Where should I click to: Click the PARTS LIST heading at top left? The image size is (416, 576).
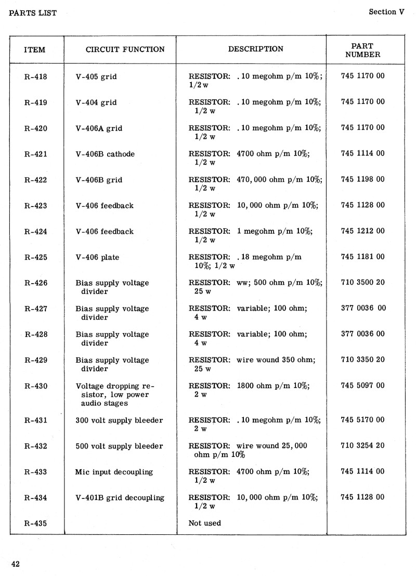33,12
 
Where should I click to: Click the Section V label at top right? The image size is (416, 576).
386,12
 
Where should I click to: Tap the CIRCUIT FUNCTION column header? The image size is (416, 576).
125,49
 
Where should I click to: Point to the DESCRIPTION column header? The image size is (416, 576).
256,49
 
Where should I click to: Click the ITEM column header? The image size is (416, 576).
35,50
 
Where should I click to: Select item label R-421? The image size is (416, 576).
35,154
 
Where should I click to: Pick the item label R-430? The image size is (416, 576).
35,386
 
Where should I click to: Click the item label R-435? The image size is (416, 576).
35,523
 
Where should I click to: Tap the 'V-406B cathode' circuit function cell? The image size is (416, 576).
105,154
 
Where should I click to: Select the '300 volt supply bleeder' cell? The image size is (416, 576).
119,420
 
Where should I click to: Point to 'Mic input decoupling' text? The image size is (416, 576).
114,472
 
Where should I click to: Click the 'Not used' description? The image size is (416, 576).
204,523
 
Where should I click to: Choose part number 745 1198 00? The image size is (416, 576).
363,180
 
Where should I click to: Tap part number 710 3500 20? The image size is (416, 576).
363,283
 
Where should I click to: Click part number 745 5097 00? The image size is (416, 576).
363,386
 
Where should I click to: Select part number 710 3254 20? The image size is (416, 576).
363,445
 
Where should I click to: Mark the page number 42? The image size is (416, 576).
15,564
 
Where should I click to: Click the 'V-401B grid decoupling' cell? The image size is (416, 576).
120,498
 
